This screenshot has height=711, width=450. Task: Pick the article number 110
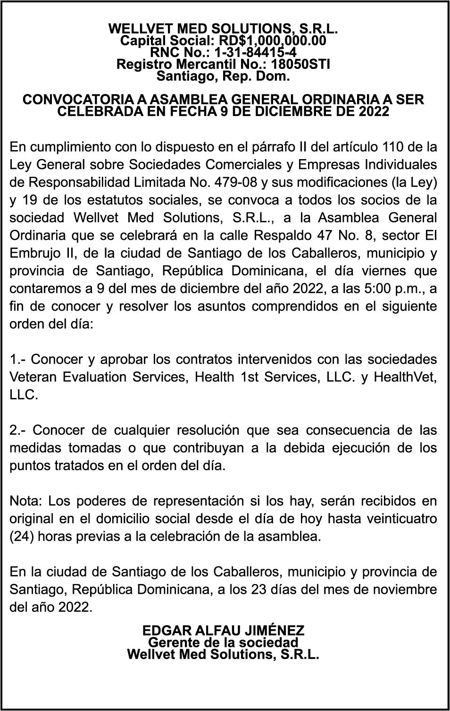[x=392, y=147]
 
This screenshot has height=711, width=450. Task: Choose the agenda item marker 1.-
[x=18, y=359]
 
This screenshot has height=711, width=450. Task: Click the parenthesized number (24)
[x=20, y=536]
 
